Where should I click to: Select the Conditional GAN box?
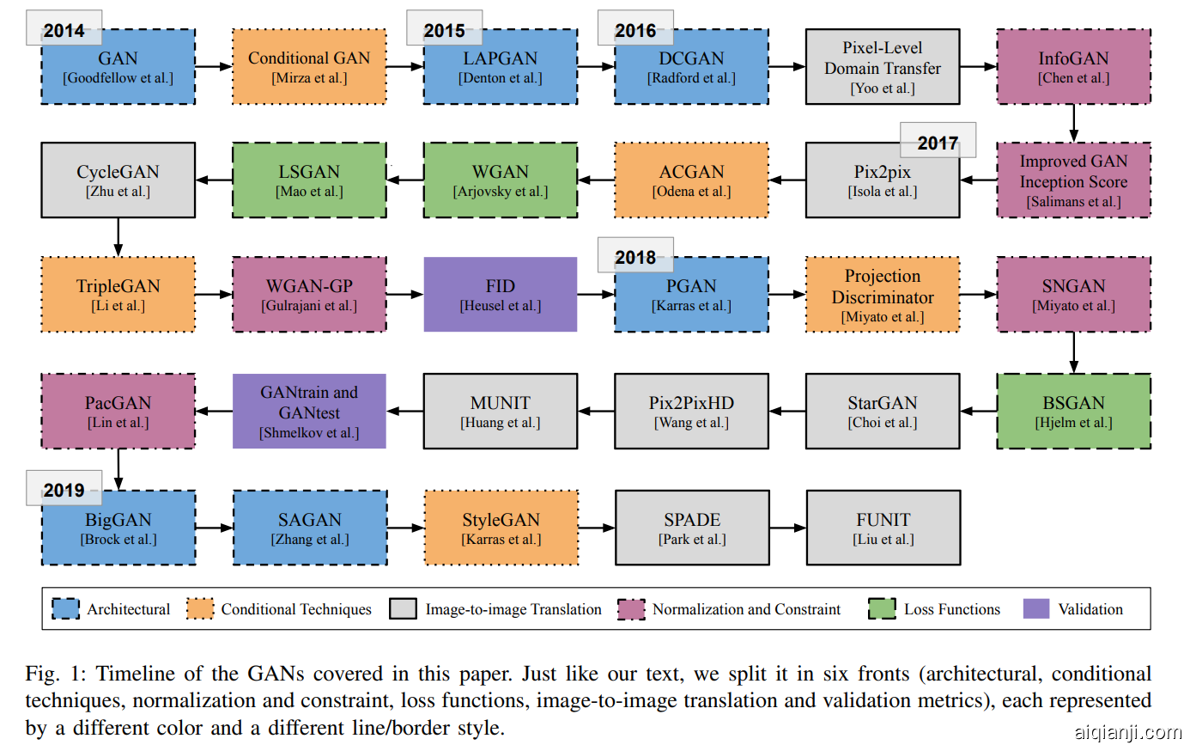(x=309, y=67)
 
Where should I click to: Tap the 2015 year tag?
(x=444, y=30)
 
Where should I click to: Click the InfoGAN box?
(x=1073, y=67)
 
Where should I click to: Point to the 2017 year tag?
(x=938, y=143)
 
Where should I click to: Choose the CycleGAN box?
(x=118, y=180)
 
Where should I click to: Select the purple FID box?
(x=500, y=294)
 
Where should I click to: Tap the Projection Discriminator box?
(x=883, y=294)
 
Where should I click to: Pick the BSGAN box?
(x=1073, y=411)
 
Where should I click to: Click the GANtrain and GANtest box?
(x=309, y=411)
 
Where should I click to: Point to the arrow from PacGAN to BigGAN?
(x=118, y=469)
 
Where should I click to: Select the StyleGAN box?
(x=501, y=528)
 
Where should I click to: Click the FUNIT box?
(x=883, y=528)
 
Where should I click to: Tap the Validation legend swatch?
(x=1036, y=609)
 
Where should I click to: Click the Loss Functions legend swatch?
(x=882, y=609)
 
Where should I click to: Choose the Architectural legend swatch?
(x=65, y=609)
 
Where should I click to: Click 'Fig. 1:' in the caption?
(x=55, y=674)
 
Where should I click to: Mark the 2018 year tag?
(x=635, y=257)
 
